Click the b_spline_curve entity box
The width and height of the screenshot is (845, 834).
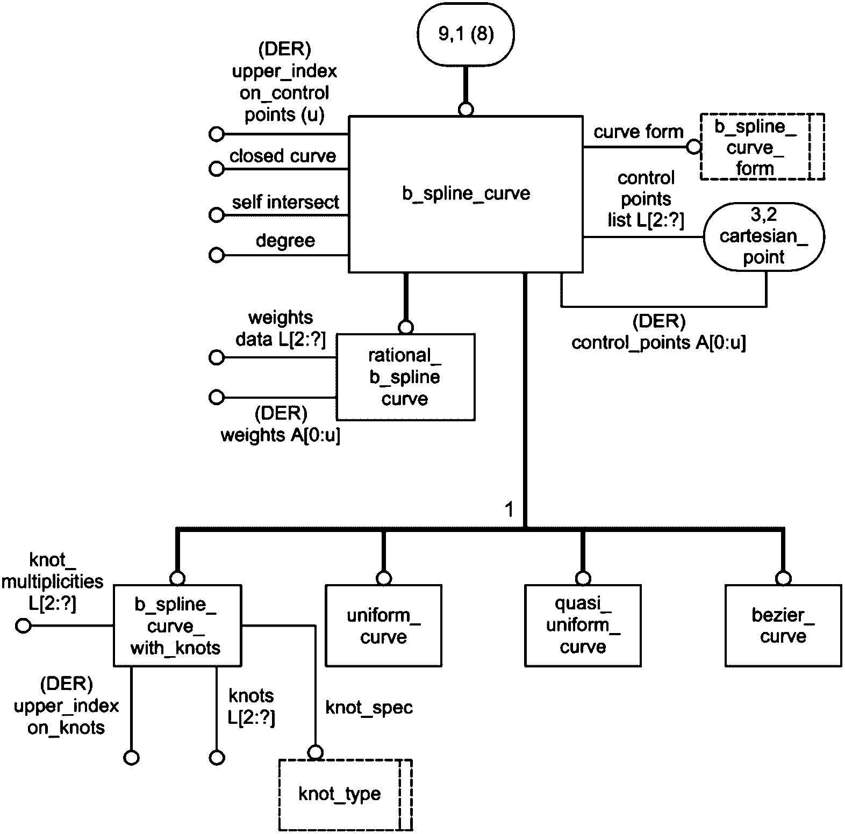(466, 193)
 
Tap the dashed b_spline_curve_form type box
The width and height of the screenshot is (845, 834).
(762, 147)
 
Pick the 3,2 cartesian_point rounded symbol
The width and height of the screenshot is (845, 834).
(763, 236)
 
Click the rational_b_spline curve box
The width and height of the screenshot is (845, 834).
(405, 377)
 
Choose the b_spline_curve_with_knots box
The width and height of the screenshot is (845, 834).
(177, 626)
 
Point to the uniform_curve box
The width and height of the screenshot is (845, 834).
(383, 626)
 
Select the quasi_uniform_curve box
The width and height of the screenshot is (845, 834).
(583, 626)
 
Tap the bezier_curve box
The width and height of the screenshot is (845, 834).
(783, 626)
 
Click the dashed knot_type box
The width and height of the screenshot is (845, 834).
(345, 794)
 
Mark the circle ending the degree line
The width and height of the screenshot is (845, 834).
(216, 255)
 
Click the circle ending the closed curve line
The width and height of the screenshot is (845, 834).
(216, 169)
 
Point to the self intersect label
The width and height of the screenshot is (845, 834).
(285, 203)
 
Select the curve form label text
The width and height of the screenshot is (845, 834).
(638, 132)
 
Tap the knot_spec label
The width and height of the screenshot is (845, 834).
(369, 708)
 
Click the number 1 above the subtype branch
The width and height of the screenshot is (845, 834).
(510, 509)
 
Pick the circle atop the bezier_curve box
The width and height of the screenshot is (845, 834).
(783, 578)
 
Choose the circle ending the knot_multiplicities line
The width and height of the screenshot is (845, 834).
(23, 626)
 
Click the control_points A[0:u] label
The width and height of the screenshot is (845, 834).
(658, 342)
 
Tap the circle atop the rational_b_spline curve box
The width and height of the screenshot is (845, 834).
(406, 327)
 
